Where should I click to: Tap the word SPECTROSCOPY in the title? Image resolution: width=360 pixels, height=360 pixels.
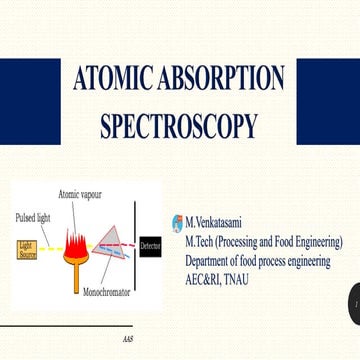(178, 127)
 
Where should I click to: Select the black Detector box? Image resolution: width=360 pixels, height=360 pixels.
(149, 245)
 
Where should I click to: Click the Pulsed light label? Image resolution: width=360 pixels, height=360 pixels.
(32, 217)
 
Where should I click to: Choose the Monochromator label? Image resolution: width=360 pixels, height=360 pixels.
(106, 296)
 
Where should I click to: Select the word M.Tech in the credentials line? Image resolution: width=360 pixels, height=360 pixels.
(201, 242)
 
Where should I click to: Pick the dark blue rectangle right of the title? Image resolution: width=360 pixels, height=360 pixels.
(329, 100)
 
